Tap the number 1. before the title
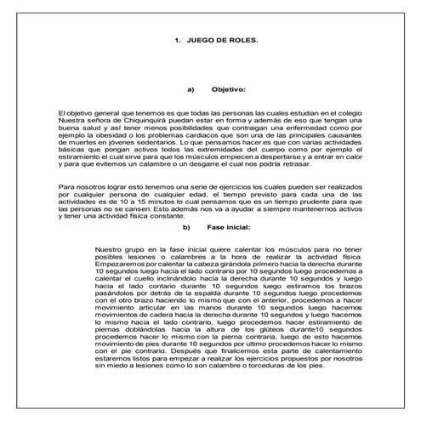pyautogui.click(x=178, y=40)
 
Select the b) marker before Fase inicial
pyautogui.click(x=186, y=227)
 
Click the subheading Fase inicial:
pyautogui.click(x=225, y=227)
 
